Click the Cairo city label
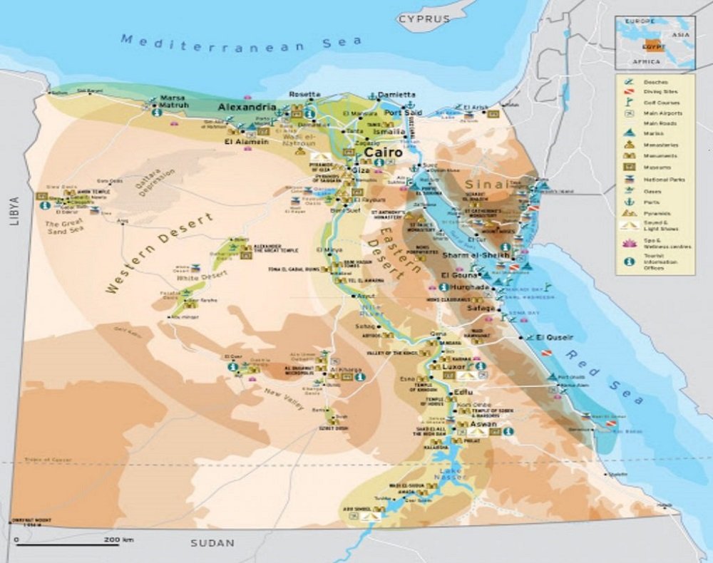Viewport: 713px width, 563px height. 383,153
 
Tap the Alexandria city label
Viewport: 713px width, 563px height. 247,107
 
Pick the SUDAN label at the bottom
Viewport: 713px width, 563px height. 212,543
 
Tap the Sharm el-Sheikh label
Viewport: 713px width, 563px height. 476,255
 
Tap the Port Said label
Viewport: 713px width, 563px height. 403,113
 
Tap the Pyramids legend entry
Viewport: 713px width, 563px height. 652,212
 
